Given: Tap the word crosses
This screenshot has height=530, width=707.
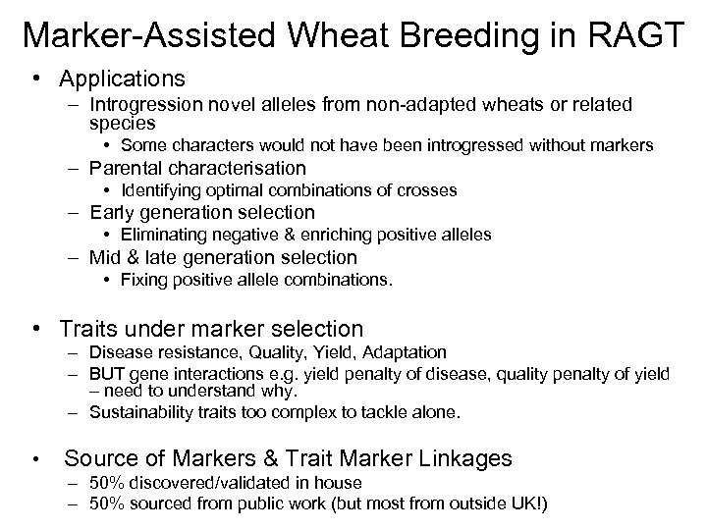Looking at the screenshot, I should pyautogui.click(x=430, y=189).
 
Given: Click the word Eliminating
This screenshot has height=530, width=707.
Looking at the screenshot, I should pyautogui.click(x=162, y=235).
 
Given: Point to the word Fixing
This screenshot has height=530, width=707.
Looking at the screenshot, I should pyautogui.click(x=143, y=280).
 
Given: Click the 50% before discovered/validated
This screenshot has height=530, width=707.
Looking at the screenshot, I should pyautogui.click(x=104, y=482).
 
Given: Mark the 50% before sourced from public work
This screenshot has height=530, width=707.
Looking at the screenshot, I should pyautogui.click(x=104, y=503).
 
